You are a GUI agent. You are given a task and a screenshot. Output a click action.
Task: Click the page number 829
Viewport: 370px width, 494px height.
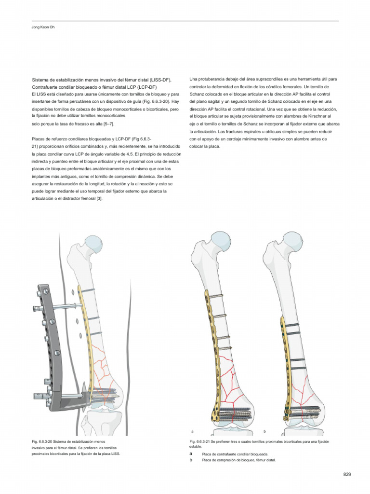click(x=347, y=474)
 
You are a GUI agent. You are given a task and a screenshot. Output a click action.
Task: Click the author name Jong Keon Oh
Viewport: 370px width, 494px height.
click(x=43, y=27)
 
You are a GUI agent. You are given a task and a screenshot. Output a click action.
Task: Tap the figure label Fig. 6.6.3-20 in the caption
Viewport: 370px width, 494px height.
click(x=43, y=441)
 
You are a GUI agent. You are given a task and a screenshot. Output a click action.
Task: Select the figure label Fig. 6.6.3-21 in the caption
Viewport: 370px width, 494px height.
click(x=200, y=441)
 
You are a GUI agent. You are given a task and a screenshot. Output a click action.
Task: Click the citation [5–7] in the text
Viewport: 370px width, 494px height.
click(x=108, y=124)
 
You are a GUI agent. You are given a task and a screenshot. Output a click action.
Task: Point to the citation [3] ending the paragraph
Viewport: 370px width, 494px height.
click(x=99, y=198)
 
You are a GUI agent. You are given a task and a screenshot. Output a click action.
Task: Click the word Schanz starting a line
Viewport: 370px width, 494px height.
click(x=197, y=94)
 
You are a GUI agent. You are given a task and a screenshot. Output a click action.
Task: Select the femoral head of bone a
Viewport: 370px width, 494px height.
click(x=221, y=241)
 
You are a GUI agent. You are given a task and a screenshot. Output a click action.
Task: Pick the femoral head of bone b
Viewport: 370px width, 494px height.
click(x=293, y=241)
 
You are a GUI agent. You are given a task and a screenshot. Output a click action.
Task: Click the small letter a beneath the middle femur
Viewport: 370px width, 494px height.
click(x=192, y=431)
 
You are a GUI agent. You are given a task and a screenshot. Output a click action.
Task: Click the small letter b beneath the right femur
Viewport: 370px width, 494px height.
click(x=264, y=431)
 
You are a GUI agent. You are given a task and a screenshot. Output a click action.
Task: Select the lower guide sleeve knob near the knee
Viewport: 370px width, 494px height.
click(x=37, y=396)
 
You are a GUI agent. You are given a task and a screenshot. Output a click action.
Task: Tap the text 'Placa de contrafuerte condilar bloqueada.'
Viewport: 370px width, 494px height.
click(x=235, y=454)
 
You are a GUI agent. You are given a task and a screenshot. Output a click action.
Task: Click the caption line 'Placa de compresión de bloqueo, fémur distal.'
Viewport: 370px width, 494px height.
click(x=239, y=460)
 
